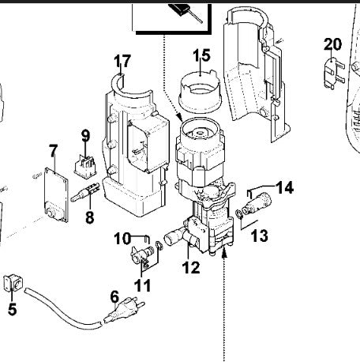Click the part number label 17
122,60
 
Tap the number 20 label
332,43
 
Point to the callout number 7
53,149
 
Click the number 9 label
85,135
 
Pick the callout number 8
89,215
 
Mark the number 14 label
284,187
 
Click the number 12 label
190,267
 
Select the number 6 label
114,297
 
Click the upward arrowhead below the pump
225,254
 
